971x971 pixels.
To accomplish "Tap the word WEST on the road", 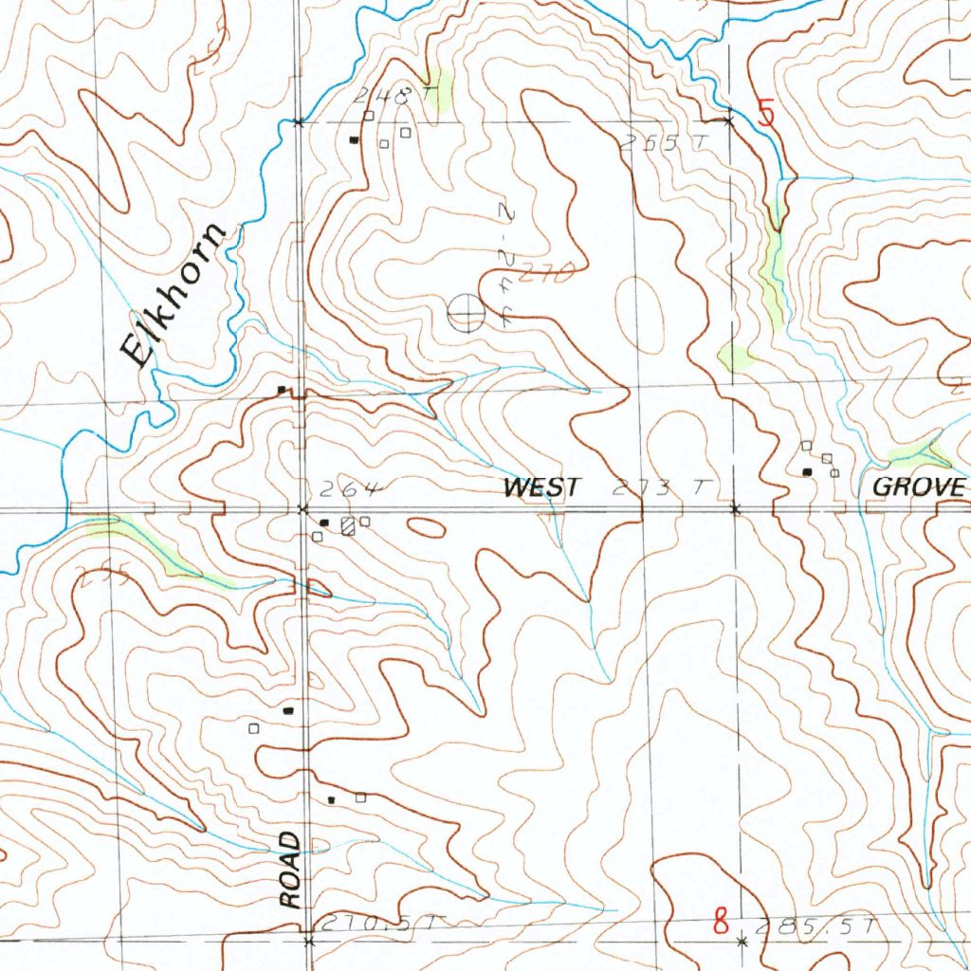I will tap(541, 488).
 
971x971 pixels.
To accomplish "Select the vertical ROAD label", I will tap(291, 870).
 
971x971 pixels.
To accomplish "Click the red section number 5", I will tap(766, 114).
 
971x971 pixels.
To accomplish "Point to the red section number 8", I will tap(723, 921).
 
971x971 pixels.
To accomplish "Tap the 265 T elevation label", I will tap(651, 143).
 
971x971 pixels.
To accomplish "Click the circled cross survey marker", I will tap(465, 314).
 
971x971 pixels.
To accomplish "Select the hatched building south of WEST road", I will tap(348, 525).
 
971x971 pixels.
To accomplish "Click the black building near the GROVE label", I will tap(807, 471).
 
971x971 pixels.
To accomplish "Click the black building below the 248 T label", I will tap(355, 140).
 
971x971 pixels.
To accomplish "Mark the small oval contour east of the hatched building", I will tap(427, 526).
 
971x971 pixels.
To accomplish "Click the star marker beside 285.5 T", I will tap(742, 941).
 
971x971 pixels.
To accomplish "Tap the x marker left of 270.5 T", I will tap(308, 941).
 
